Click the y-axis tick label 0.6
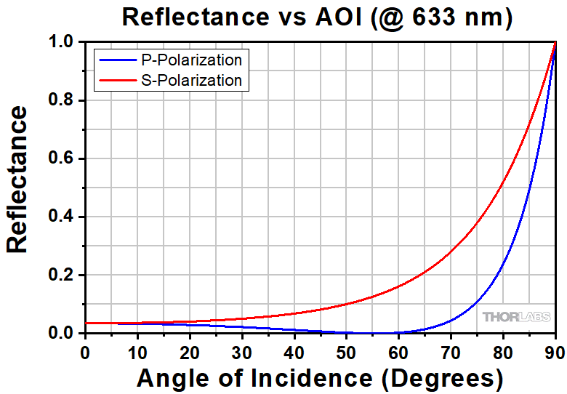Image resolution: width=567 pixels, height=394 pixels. point(63,158)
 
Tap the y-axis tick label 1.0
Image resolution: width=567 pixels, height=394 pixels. point(63,42)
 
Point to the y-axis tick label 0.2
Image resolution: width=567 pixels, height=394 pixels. point(63,275)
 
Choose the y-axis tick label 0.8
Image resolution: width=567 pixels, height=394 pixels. point(63,100)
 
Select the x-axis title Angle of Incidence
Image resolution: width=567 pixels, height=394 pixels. point(320,377)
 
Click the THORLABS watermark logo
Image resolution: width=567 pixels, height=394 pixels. point(515,317)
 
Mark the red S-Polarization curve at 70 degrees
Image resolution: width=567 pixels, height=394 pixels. point(451,252)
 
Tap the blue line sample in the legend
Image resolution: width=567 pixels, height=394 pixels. point(113,59)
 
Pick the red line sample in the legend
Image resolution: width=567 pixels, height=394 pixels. point(113,79)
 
